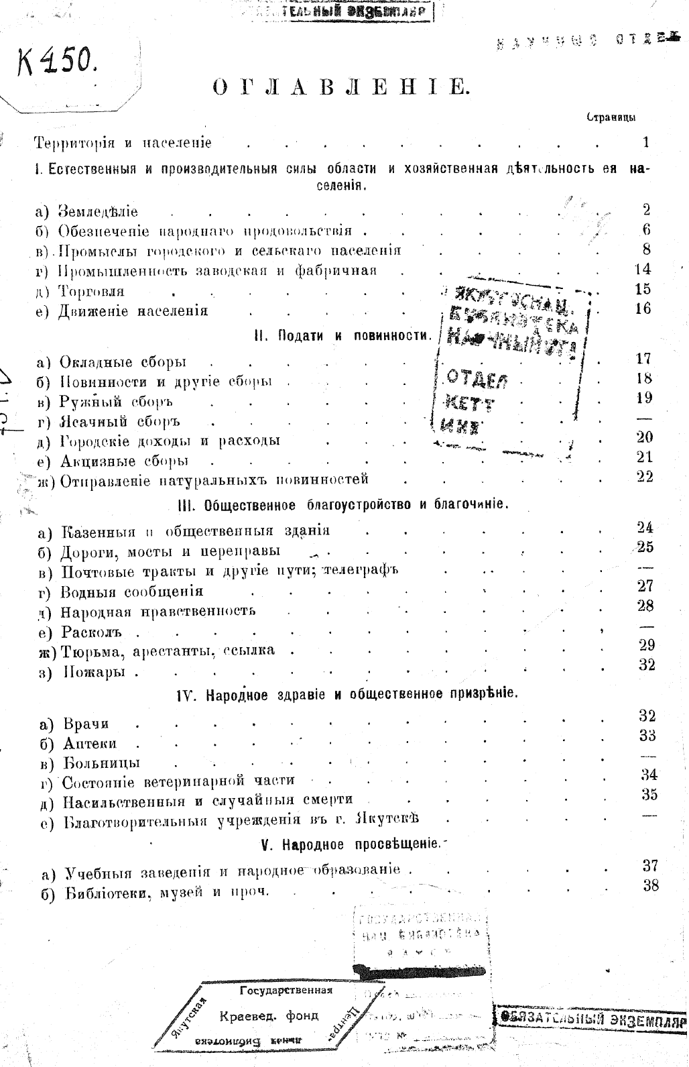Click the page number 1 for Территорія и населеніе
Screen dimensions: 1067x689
[645, 142]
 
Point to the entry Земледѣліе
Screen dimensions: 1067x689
[98, 212]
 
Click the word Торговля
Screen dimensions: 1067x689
[91, 292]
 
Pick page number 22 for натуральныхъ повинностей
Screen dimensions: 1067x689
[644, 478]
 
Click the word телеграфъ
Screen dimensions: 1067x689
[361, 571]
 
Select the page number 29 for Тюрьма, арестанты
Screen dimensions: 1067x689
[647, 645]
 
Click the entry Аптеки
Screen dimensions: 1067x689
[90, 744]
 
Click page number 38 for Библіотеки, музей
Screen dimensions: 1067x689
[650, 885]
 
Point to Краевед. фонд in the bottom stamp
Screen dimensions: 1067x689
[269, 1015]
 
